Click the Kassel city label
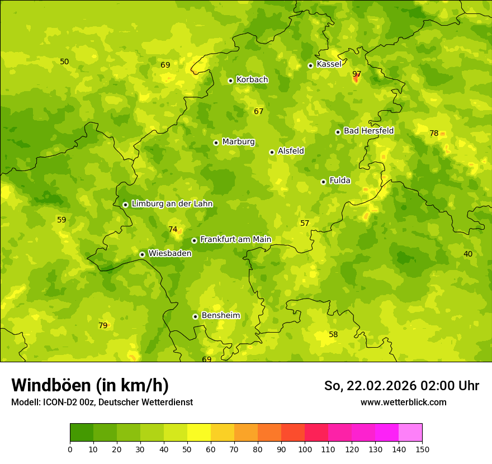tap(329, 64)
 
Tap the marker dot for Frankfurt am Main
tap(194, 240)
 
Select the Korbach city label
tap(252, 80)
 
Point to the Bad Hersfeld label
tap(368, 131)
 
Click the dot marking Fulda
tap(323, 182)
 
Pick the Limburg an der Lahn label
tap(172, 204)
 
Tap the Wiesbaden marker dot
tap(142, 254)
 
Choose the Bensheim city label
tap(220, 315)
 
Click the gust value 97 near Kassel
tap(357, 74)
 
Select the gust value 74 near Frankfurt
tap(173, 229)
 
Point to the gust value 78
tap(434, 133)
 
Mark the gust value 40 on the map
tap(468, 254)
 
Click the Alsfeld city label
tap(291, 151)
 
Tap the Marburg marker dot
tap(216, 143)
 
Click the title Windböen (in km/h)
tap(90, 385)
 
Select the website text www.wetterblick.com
tap(403, 402)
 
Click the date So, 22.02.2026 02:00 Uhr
tap(401, 386)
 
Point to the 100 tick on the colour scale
tap(305, 448)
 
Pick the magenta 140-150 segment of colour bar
tap(410, 432)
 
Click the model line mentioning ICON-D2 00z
tap(102, 402)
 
